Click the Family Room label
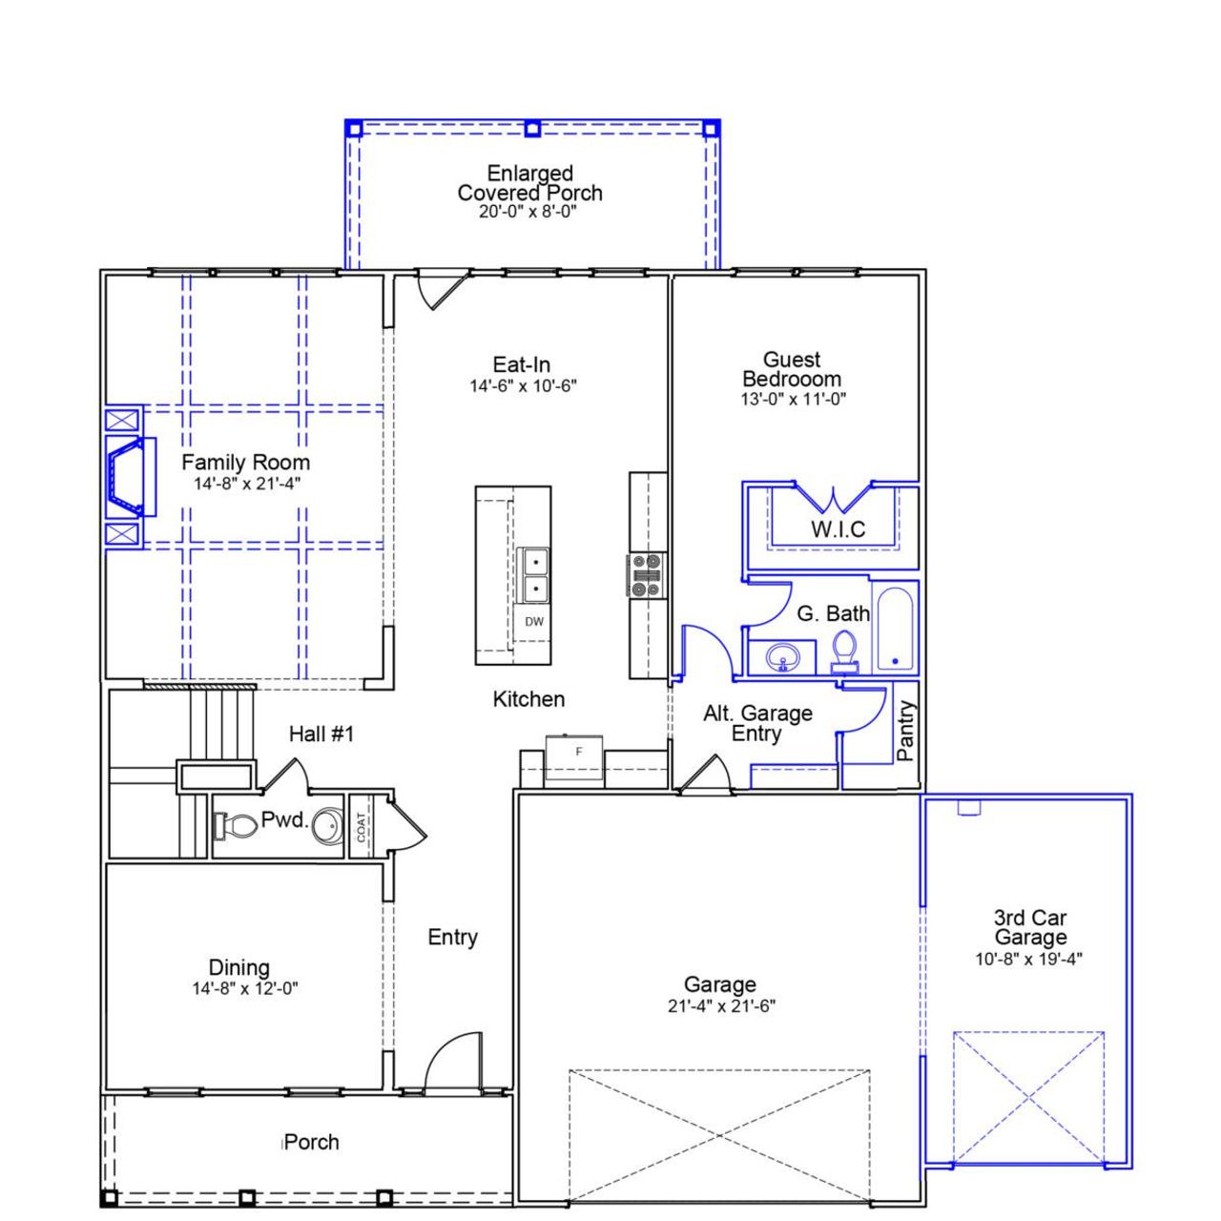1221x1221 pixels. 245,463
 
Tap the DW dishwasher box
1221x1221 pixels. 534,622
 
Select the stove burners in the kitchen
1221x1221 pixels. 646,575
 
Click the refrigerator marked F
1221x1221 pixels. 574,758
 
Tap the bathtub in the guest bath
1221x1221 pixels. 896,631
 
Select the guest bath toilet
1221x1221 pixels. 843,652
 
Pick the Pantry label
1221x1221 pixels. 906,731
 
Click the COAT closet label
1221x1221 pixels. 361,825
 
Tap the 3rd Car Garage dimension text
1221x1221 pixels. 1028,960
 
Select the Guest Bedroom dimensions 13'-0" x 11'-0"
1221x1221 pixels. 793,400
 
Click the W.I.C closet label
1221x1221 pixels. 838,529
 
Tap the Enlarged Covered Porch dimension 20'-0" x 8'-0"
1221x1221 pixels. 528,212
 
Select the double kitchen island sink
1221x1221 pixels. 533,575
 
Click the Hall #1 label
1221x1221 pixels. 321,734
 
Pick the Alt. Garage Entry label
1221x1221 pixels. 757,723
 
